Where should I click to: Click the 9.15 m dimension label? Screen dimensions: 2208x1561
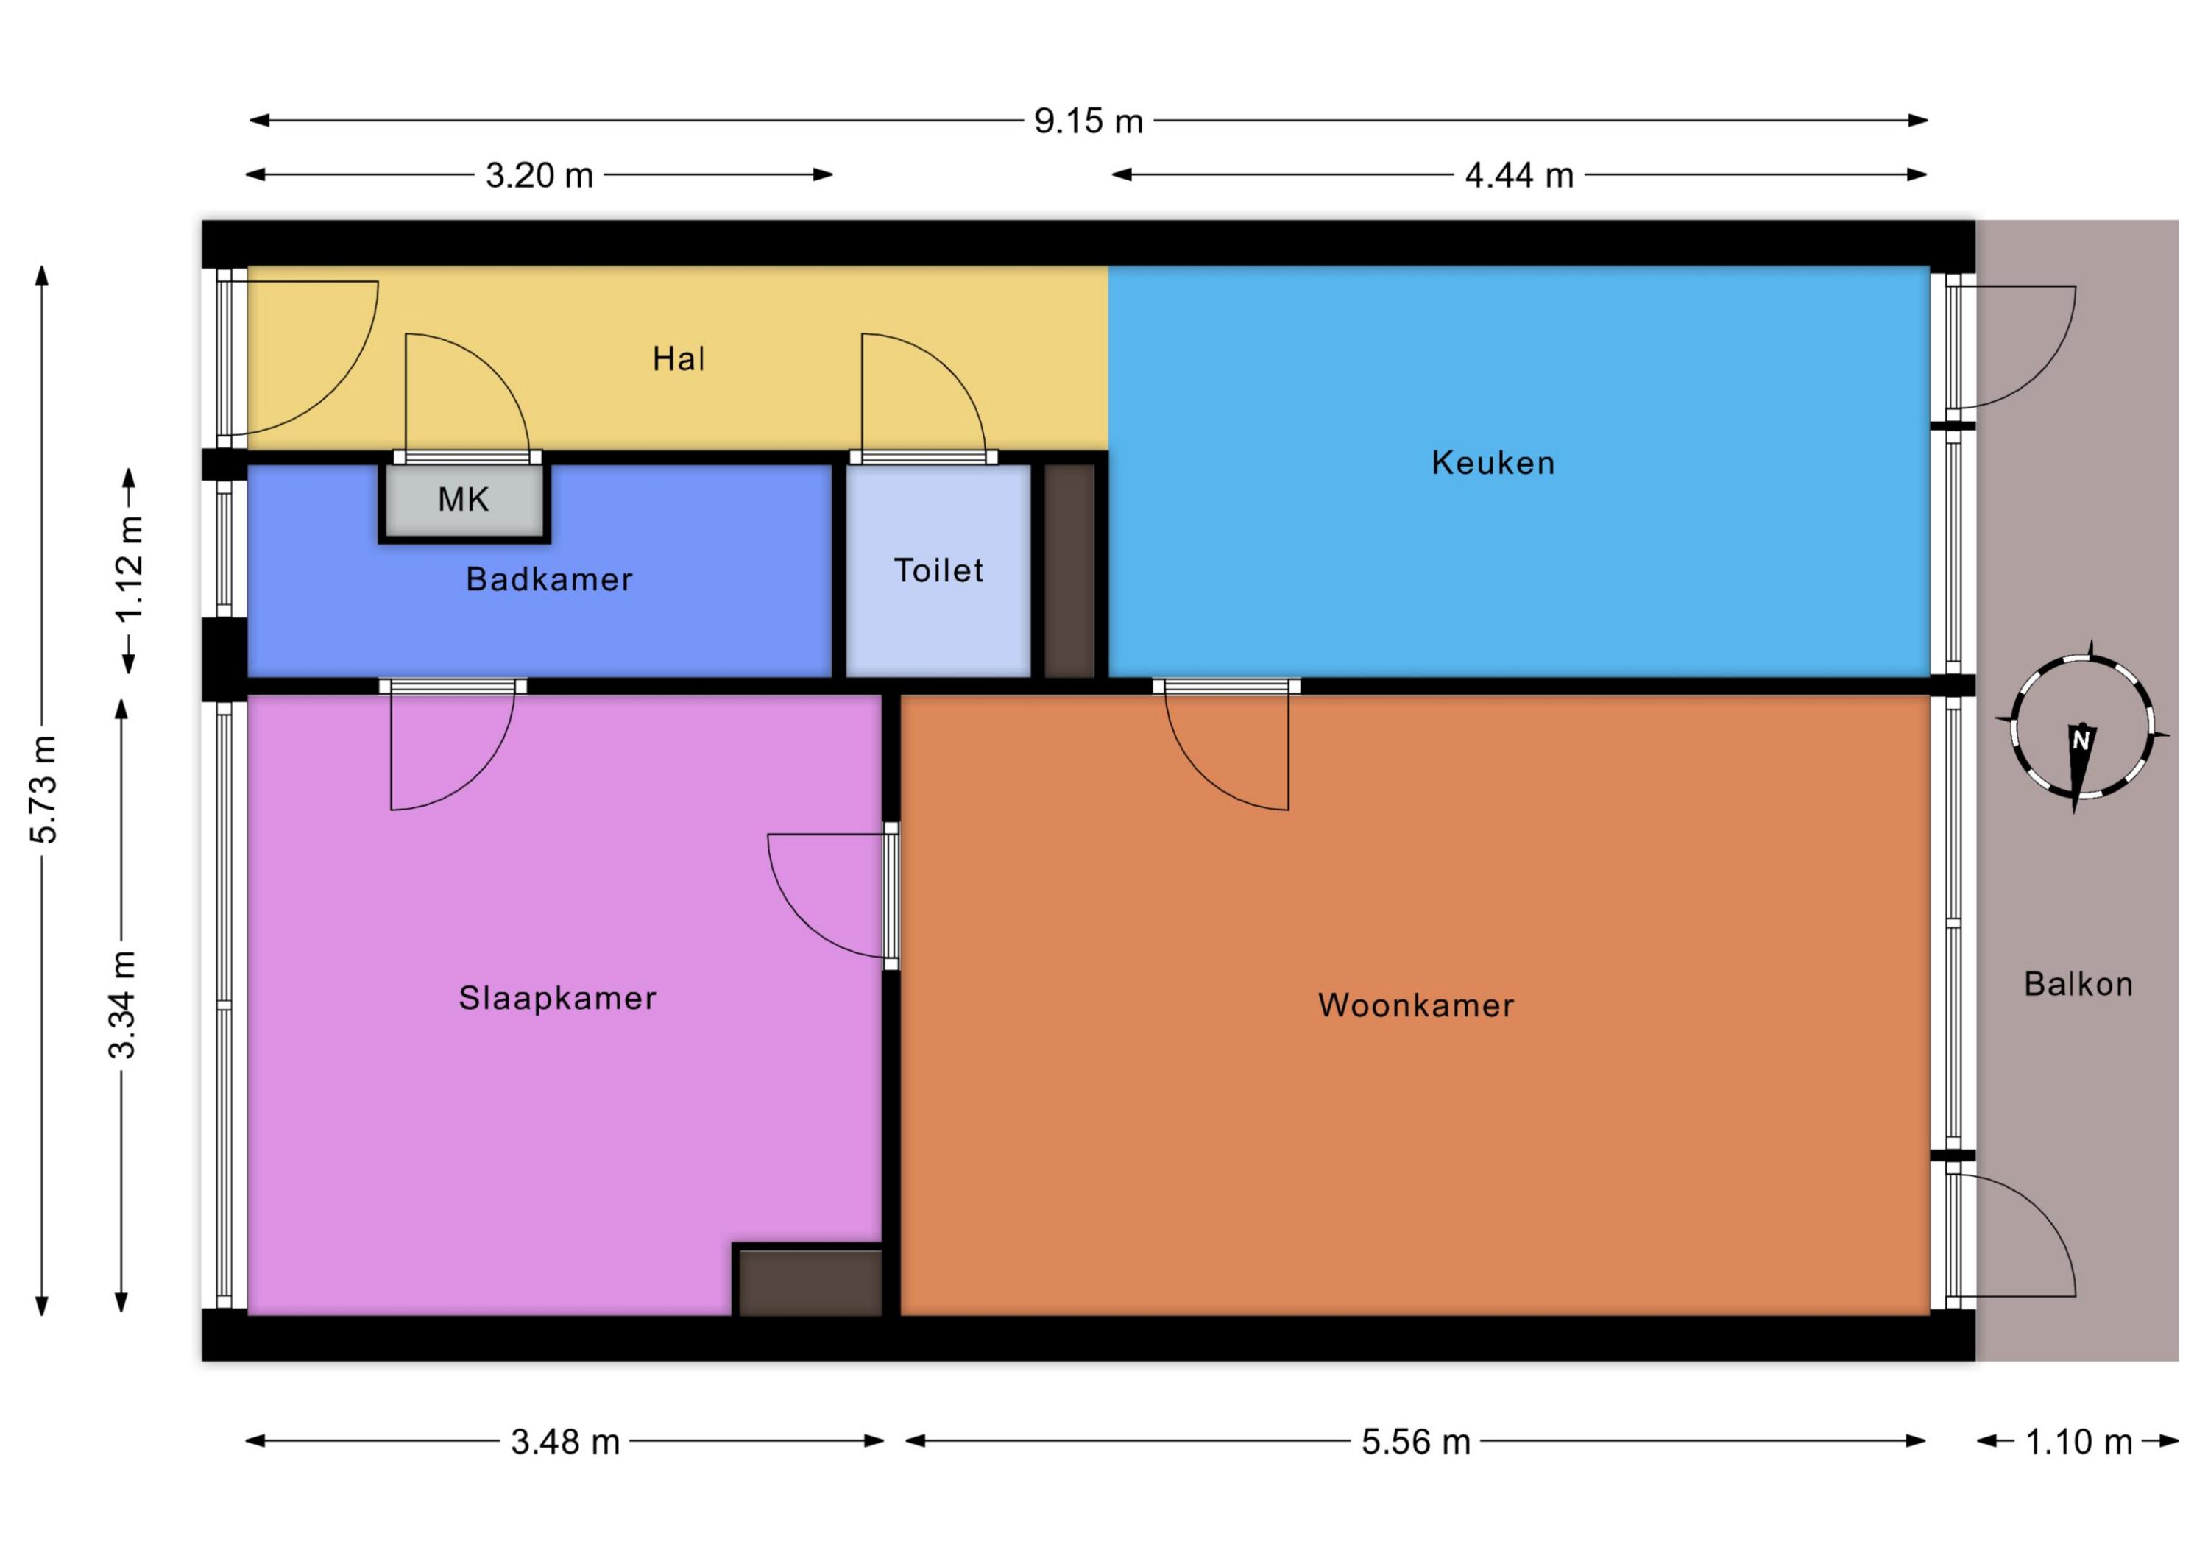pos(1089,121)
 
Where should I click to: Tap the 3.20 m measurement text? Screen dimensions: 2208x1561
pos(539,175)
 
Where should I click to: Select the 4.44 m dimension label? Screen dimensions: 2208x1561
pos(1519,175)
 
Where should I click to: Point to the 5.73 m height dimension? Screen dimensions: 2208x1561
pos(44,790)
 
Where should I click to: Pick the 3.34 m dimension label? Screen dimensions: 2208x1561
pos(122,1004)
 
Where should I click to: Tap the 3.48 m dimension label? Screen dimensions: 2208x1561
pos(565,1442)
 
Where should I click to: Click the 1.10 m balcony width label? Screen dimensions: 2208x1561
pos(2079,1442)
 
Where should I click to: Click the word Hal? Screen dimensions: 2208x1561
pos(679,358)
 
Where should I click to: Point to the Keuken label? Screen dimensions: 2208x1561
pos(1493,463)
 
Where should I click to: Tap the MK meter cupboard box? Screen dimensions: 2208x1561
pos(464,500)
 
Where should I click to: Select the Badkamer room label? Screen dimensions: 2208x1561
pos(549,579)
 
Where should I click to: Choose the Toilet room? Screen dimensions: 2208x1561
pos(938,570)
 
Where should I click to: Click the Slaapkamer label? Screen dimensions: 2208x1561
pos(558,997)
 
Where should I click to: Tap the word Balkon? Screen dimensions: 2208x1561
pos(2079,984)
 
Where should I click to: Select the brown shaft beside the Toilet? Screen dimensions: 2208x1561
pos(1069,570)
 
